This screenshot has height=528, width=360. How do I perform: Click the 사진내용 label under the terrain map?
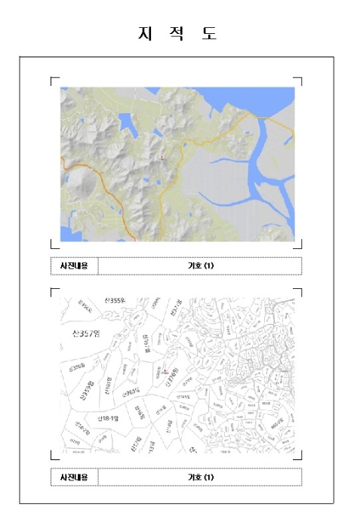pos(74,266)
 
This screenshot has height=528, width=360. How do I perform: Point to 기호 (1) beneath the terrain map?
pos(201,266)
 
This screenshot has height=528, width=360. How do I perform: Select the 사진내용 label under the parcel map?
pos(74,477)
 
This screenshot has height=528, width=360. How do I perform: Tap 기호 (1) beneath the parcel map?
pos(201,477)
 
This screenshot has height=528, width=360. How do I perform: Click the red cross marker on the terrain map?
pos(162,157)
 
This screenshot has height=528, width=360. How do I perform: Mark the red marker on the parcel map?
pos(165,371)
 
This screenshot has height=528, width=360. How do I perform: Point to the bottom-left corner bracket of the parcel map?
pos(53,456)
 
